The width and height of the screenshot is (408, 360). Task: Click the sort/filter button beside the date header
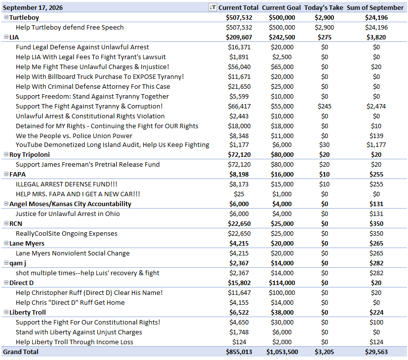pos(213,7)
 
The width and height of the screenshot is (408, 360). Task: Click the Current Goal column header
pos(281,8)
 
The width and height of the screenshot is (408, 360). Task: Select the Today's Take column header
pos(324,8)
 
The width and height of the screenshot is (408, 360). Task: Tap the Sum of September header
pos(375,8)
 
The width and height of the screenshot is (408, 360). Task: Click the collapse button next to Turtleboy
pos(6,17)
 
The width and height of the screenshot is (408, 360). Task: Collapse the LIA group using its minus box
pos(6,37)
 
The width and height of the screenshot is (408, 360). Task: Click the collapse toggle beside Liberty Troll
pos(6,312)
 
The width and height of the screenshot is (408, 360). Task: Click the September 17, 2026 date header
pos(33,8)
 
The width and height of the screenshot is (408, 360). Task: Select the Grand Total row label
pos(21,352)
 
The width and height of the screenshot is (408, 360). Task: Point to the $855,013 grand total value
pos(239,352)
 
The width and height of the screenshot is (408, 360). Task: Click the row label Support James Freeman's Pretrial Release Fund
pos(88,164)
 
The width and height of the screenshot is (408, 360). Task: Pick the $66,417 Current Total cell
pos(239,106)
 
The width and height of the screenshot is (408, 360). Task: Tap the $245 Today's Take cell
pos(324,106)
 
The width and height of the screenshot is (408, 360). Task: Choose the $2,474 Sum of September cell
pos(376,106)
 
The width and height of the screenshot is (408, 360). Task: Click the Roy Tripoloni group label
pos(30,154)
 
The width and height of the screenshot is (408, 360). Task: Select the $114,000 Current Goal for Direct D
pos(282,283)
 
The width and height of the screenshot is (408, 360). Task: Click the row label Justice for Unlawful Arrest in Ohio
pos(68,214)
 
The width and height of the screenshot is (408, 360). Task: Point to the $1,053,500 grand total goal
pos(282,352)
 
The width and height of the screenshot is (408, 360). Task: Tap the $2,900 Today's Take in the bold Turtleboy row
pos(324,17)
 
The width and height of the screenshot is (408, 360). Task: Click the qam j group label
pos(18,263)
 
